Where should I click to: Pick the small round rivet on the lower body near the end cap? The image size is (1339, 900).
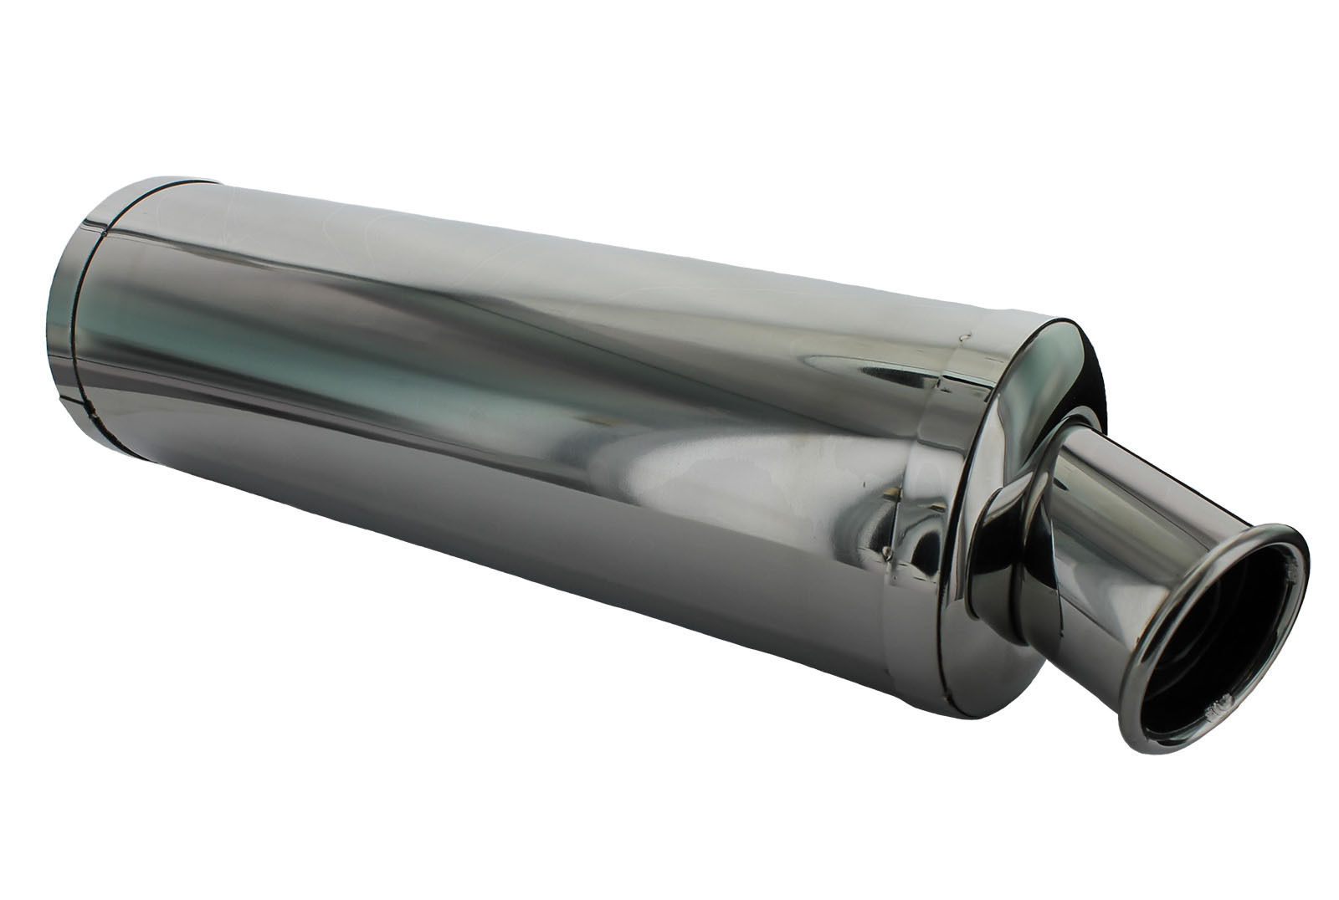[887, 553]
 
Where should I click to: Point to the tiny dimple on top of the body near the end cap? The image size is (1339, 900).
[962, 335]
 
